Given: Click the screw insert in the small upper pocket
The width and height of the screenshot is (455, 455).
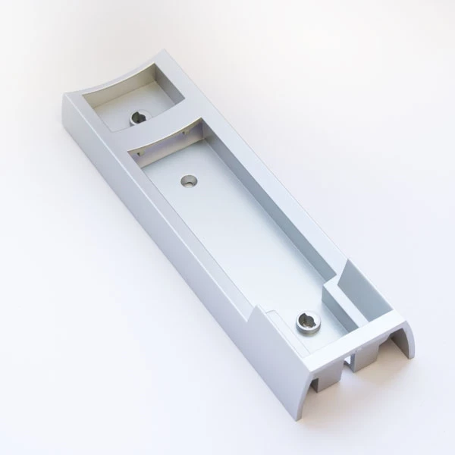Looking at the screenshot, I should pos(140,118).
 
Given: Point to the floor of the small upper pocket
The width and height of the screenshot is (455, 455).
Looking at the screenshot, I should pos(121,114).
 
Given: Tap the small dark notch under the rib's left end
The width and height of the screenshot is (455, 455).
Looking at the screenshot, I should pos(139,152).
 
